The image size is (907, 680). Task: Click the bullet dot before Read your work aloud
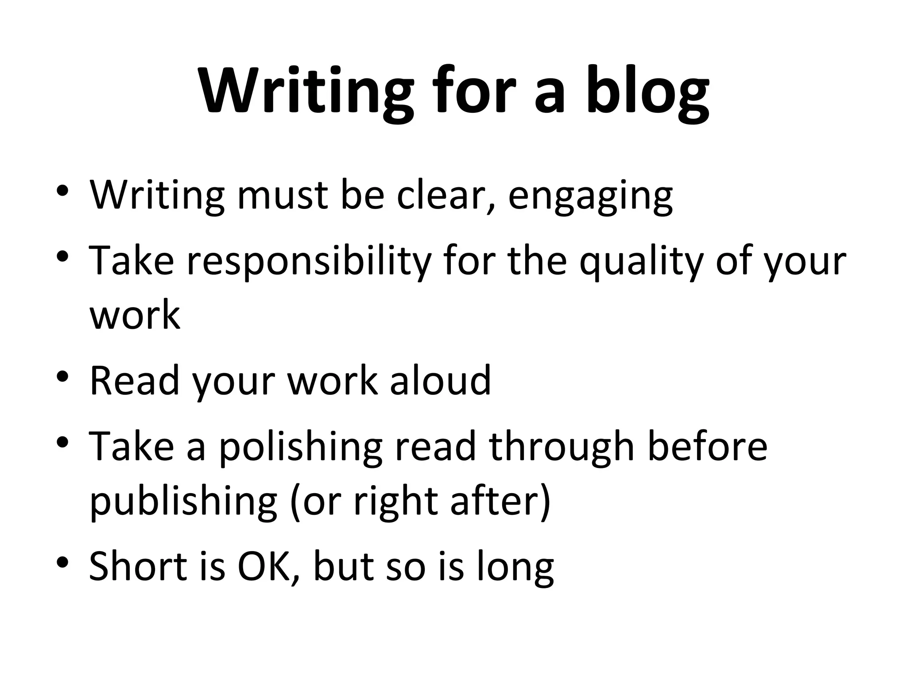(x=63, y=377)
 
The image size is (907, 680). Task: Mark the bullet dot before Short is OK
(x=63, y=562)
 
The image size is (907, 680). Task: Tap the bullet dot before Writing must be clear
(x=63, y=191)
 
